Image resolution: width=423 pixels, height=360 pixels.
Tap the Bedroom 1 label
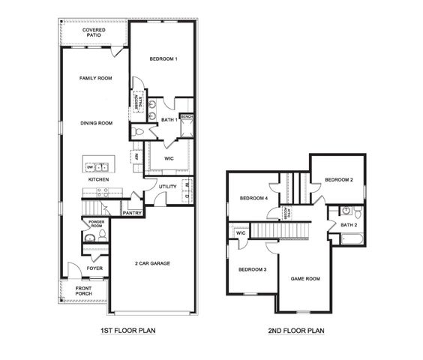point(163,59)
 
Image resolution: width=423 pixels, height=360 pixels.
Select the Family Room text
point(96,78)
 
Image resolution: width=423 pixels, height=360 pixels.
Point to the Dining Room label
point(96,123)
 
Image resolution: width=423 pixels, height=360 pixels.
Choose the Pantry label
point(132,213)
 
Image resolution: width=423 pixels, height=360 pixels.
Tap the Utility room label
point(167,186)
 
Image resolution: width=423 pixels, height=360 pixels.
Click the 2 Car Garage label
point(152,263)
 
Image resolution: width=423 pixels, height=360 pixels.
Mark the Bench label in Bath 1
point(187,117)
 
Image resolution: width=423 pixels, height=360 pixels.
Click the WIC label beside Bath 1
point(169,158)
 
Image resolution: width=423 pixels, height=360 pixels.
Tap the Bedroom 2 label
point(339,180)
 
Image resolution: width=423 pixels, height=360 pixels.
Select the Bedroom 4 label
point(253,198)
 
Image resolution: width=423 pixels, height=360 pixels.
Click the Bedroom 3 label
point(252,269)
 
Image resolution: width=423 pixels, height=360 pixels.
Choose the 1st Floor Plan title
point(127,330)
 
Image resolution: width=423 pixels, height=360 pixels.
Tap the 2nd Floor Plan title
point(296,330)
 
